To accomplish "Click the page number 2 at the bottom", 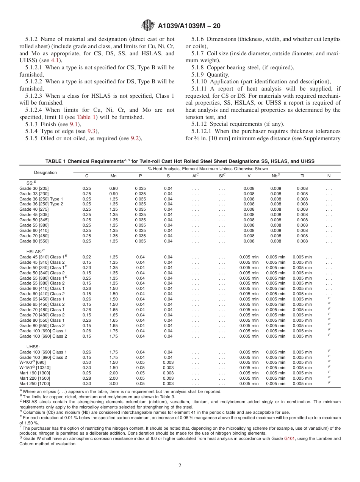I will (180, 466).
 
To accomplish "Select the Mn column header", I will (113, 176).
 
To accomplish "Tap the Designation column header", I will (45, 172).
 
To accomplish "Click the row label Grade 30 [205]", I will (34, 188).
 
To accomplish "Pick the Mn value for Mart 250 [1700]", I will (113, 383).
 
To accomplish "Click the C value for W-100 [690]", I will (87, 362).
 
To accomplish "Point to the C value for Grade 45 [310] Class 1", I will (87, 257).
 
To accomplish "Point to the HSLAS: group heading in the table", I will (35, 251).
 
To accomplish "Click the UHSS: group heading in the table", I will (33, 346).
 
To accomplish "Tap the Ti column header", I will (302, 176).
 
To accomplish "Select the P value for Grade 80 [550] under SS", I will (140, 241).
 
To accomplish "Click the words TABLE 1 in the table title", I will (56, 161).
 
